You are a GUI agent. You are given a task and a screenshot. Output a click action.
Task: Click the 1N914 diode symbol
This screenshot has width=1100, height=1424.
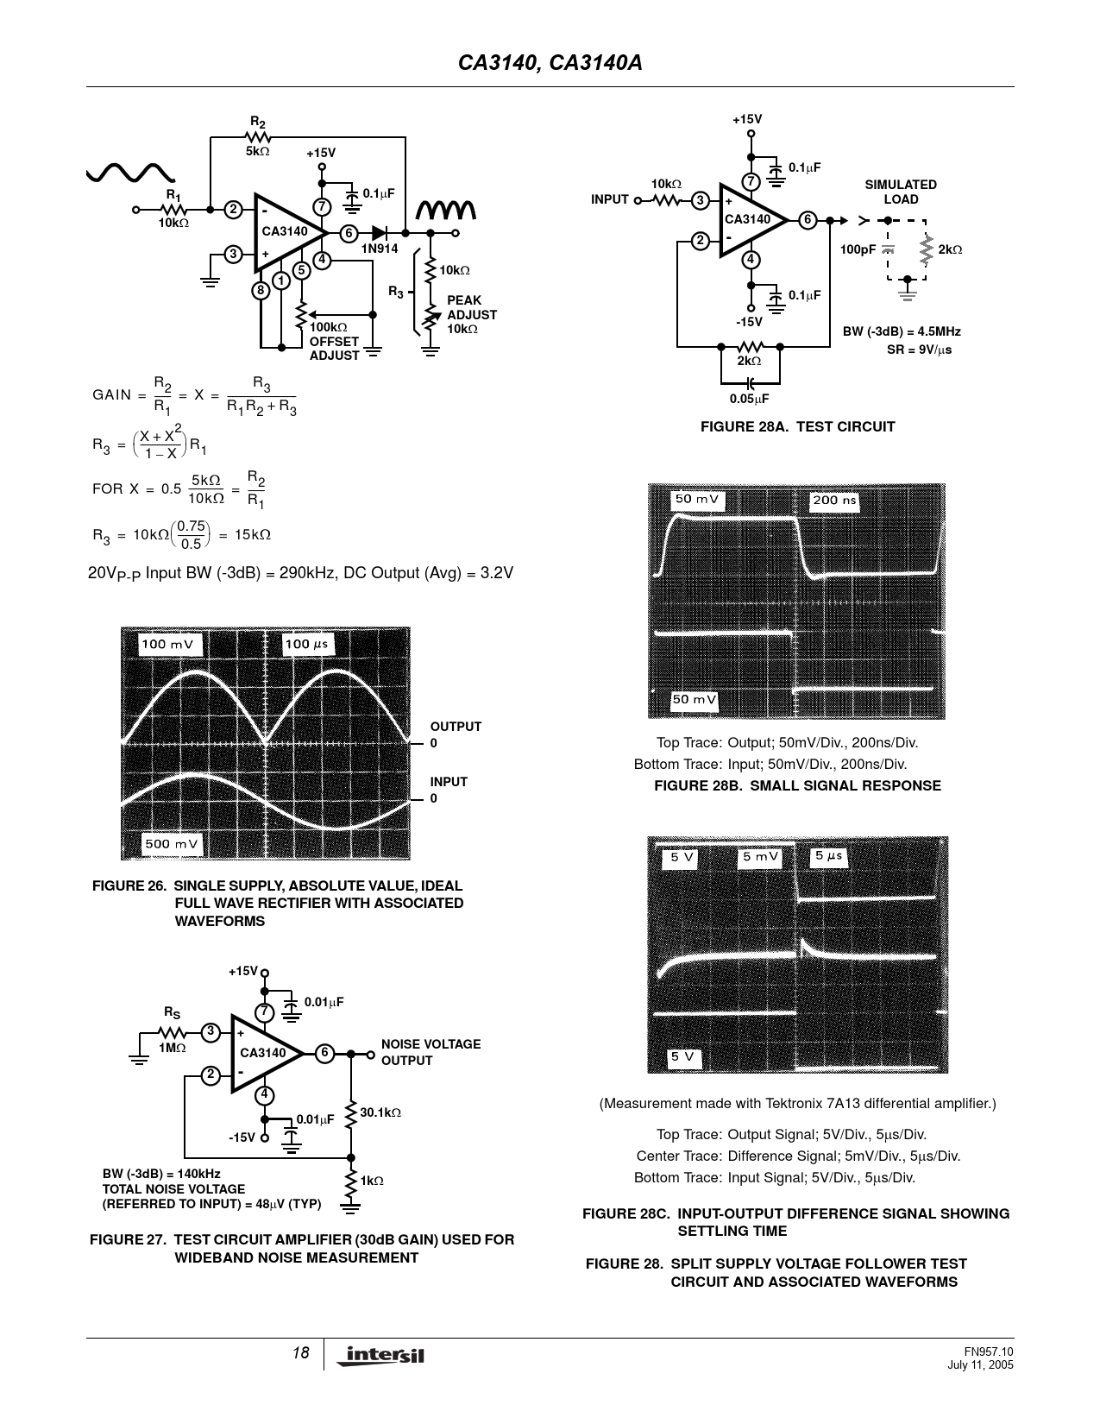coord(380,233)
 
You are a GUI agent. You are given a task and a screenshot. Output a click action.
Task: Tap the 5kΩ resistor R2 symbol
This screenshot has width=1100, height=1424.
coord(257,137)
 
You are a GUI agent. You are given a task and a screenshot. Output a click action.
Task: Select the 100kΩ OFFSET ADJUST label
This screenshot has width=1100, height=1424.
coord(334,342)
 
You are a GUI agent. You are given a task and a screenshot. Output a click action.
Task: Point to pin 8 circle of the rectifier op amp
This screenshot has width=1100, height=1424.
coord(261,290)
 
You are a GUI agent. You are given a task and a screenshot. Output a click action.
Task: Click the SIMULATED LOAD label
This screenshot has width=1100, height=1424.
coord(901,192)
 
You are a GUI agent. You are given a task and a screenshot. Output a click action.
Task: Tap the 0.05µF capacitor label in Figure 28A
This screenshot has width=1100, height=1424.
coord(750,399)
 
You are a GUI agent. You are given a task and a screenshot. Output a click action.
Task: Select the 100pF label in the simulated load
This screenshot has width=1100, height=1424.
coord(858,249)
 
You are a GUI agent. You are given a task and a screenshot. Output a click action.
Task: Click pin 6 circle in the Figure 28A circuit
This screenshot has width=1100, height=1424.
coord(808,220)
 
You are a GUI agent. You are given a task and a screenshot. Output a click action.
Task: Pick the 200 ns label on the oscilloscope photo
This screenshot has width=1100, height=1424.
coord(834,501)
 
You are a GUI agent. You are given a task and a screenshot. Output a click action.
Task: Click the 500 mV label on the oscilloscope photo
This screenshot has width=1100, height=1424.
coord(170,844)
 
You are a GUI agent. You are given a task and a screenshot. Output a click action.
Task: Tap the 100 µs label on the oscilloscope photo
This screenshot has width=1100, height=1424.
coord(306,644)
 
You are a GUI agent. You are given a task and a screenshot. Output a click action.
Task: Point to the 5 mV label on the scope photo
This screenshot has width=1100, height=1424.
coord(760,857)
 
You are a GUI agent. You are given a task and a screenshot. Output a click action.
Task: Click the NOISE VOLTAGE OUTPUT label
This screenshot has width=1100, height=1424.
coord(431,1052)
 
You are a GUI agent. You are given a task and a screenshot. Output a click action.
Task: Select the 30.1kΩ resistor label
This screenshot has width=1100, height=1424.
coord(380,1112)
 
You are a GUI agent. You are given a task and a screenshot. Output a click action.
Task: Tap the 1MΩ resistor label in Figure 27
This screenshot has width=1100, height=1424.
coord(173,1048)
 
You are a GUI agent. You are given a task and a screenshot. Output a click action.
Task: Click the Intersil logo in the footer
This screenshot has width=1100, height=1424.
coord(380,1355)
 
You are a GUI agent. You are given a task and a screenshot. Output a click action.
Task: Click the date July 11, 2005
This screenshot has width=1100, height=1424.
coord(980,1365)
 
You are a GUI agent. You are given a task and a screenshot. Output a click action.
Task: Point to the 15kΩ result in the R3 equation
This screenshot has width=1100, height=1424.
coord(252,535)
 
